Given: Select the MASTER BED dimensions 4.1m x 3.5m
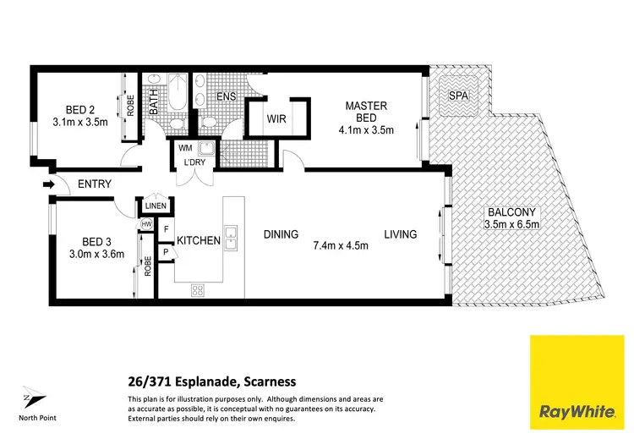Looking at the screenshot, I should [x=366, y=131].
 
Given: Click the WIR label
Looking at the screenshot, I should [x=276, y=119].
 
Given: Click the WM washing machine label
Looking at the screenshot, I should [x=185, y=149].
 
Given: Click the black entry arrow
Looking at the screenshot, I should [x=49, y=184].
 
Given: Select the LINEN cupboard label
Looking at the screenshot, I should [x=156, y=206].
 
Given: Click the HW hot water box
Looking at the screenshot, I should [x=146, y=224].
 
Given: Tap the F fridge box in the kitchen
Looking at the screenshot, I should [x=167, y=228].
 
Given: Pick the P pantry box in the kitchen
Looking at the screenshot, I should [x=167, y=251].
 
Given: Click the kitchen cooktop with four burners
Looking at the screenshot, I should [x=199, y=290].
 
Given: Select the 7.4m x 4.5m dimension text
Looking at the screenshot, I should [x=340, y=246].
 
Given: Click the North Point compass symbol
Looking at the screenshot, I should [x=30, y=396].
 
